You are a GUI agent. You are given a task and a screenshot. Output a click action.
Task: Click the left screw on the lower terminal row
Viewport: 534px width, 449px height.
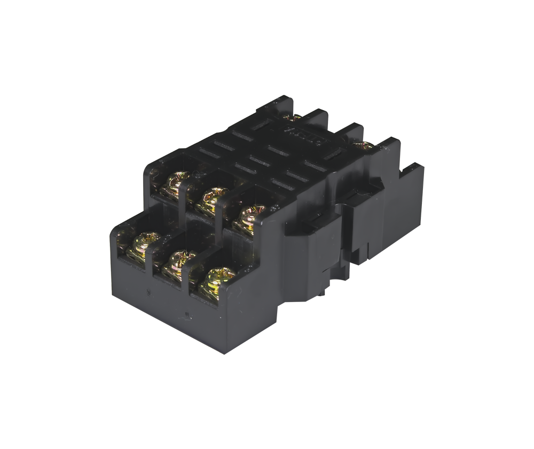point(142,243)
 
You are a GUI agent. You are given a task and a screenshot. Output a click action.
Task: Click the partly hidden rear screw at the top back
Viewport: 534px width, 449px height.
point(293,117)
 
